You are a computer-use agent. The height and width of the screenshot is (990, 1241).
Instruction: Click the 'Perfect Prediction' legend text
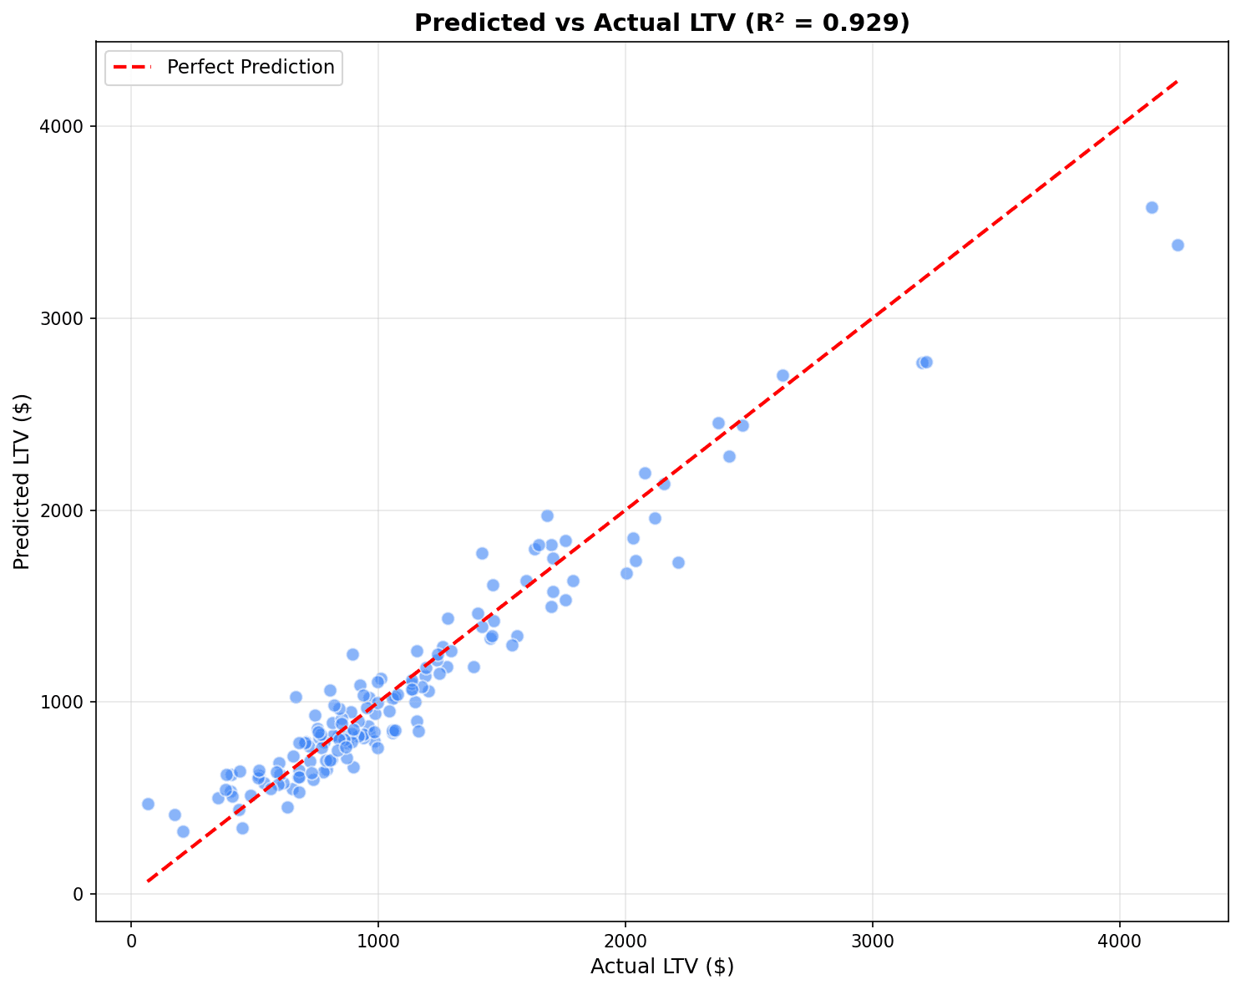251,68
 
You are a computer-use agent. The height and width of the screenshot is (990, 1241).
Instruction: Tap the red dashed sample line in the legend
129,68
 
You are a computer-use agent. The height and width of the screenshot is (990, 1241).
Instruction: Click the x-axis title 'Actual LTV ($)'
661,967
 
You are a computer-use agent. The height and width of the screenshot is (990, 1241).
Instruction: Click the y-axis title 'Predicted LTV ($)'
23,482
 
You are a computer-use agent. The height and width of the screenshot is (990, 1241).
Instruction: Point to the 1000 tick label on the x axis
377,942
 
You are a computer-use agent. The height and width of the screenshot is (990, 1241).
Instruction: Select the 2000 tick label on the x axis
625,942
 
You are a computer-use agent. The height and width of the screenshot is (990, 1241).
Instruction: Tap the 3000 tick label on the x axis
872,942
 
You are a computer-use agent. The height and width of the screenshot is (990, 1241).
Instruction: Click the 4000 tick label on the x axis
1119,942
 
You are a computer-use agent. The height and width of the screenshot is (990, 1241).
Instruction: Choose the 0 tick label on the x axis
131,942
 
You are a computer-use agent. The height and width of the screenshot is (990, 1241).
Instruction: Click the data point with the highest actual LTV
1178,245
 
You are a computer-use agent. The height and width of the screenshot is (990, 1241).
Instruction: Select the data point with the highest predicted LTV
1152,207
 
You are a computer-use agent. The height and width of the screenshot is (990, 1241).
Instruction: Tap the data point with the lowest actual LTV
148,804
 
